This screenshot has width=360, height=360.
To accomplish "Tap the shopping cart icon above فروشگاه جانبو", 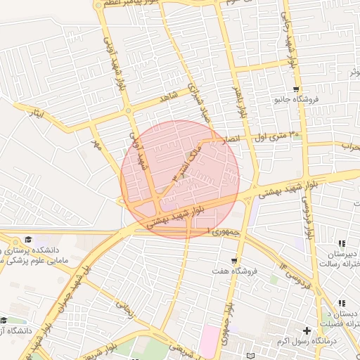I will [296, 89].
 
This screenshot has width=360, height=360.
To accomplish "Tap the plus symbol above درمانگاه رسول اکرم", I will [307, 330].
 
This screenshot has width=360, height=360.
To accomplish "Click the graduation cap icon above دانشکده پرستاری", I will [28, 240].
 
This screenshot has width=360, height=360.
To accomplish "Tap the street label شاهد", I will [169, 98].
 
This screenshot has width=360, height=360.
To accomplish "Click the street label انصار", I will [231, 139].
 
